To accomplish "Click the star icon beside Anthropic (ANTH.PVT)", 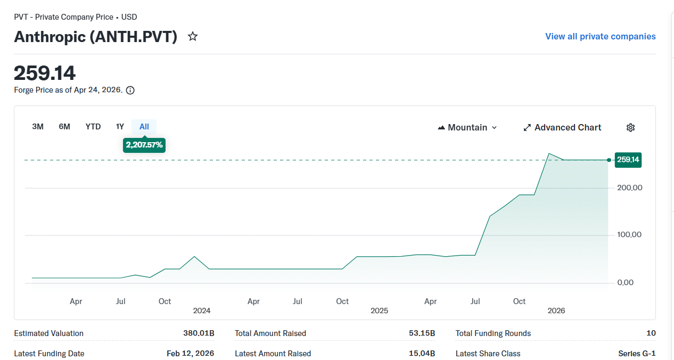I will pyautogui.click(x=193, y=37).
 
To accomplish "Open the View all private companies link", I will pyautogui.click(x=600, y=37).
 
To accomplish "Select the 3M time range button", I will pyautogui.click(x=38, y=127).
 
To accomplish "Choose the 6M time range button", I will pyautogui.click(x=64, y=127).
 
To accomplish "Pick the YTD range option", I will pyautogui.click(x=93, y=127).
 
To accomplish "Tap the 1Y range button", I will pyautogui.click(x=120, y=127).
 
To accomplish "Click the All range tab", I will pyautogui.click(x=144, y=127).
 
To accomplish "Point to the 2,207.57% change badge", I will pyautogui.click(x=144, y=145).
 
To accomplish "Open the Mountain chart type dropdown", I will pyautogui.click(x=467, y=127).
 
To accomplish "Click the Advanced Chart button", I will pyautogui.click(x=562, y=127).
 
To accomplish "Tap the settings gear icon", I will pyautogui.click(x=630, y=127).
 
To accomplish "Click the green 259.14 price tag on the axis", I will pyautogui.click(x=628, y=160).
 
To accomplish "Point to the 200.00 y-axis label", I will pyautogui.click(x=629, y=188).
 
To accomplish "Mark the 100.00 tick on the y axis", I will pyautogui.click(x=629, y=235).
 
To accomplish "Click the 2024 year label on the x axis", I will pyautogui.click(x=202, y=310).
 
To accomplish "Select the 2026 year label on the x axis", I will pyautogui.click(x=556, y=310).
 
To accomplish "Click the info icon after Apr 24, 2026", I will pyautogui.click(x=130, y=91).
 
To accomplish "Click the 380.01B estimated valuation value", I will pyautogui.click(x=199, y=333).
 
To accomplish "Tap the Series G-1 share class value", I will pyautogui.click(x=637, y=354).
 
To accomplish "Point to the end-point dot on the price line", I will pyautogui.click(x=609, y=160).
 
